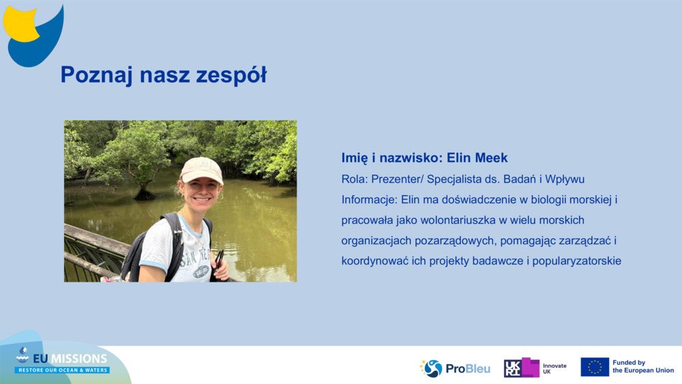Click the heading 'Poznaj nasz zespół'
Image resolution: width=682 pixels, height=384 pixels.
pyautogui.click(x=163, y=74)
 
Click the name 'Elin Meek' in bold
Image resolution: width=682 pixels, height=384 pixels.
pyautogui.click(x=477, y=158)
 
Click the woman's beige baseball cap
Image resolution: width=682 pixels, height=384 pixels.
pyautogui.click(x=201, y=168)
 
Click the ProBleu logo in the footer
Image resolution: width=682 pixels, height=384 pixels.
pyautogui.click(x=455, y=368)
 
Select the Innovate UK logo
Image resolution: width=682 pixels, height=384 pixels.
pyautogui.click(x=535, y=368)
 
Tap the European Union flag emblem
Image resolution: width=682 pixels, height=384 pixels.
pyautogui.click(x=595, y=367)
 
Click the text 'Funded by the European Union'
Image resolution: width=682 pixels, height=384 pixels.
pyautogui.click(x=642, y=367)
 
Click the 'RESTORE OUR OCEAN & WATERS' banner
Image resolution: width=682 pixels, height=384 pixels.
pyautogui.click(x=62, y=370)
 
